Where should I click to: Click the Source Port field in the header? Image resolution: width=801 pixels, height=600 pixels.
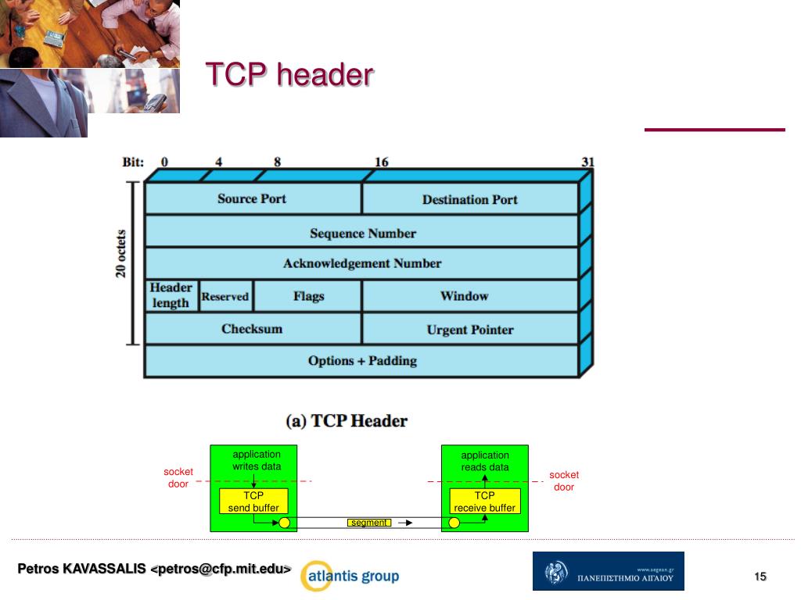pyautogui.click(x=252, y=198)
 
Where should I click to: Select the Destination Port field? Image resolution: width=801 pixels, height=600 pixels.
pyautogui.click(x=469, y=199)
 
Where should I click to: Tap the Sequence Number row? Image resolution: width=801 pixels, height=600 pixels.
pyautogui.click(x=362, y=233)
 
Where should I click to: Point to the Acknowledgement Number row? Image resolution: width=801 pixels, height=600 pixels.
pyautogui.click(x=362, y=263)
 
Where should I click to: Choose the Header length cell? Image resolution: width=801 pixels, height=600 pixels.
pyautogui.click(x=171, y=295)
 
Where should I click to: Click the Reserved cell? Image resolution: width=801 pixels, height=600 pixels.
pyautogui.click(x=225, y=297)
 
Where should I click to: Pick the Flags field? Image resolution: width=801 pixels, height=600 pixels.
pyautogui.click(x=308, y=297)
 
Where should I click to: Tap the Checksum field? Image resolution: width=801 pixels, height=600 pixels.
pyautogui.click(x=252, y=329)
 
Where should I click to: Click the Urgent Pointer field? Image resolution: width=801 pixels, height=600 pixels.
pyautogui.click(x=469, y=330)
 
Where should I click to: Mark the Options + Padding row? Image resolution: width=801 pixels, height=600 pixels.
pyautogui.click(x=362, y=361)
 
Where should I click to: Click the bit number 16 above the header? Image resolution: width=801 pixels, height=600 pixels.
pyautogui.click(x=381, y=162)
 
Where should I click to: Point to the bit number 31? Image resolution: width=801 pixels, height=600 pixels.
pyautogui.click(x=587, y=162)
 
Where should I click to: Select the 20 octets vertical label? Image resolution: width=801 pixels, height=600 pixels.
pyautogui.click(x=121, y=254)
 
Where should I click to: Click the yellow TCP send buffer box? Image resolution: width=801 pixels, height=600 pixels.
pyautogui.click(x=253, y=502)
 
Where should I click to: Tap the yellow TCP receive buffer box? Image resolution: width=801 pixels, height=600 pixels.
pyautogui.click(x=485, y=502)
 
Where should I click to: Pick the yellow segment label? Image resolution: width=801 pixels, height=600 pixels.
pyautogui.click(x=369, y=523)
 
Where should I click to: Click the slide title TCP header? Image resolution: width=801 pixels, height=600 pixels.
pyautogui.click(x=289, y=75)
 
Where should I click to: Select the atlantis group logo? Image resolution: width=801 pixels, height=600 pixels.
pyautogui.click(x=350, y=577)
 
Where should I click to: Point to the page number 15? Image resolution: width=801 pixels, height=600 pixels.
pyautogui.click(x=760, y=577)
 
